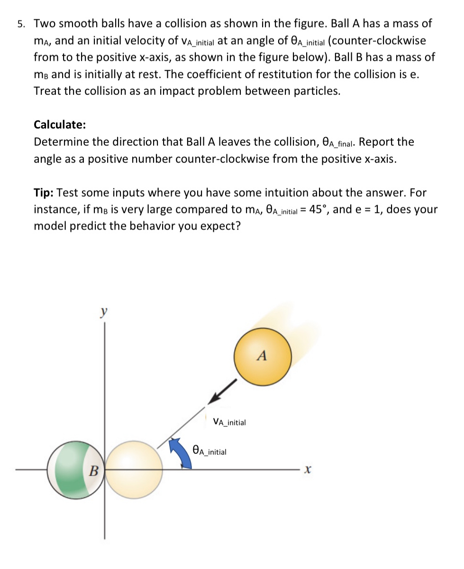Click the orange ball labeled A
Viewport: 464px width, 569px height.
(262, 355)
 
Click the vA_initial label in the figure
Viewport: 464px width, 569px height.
(229, 422)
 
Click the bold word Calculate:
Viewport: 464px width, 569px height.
(60, 125)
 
